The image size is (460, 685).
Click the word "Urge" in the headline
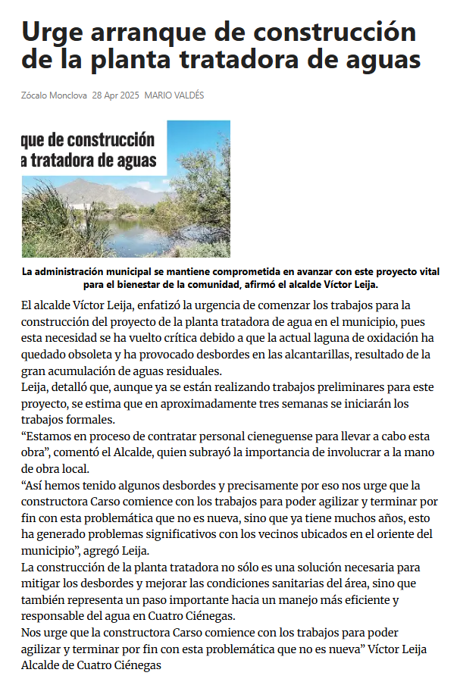click(x=52, y=33)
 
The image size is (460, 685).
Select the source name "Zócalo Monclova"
click(x=54, y=95)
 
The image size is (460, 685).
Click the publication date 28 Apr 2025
click(x=116, y=95)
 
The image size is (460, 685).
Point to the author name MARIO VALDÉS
click(x=174, y=95)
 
